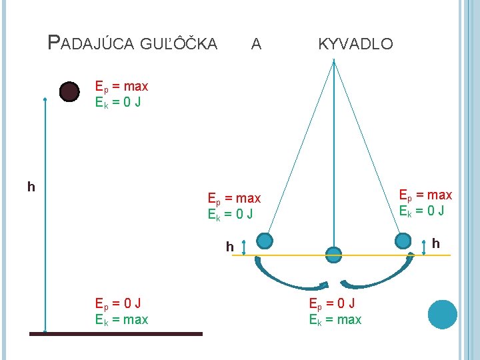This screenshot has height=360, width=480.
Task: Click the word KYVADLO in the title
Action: coord(355,45)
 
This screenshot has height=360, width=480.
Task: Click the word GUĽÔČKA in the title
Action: coord(179,45)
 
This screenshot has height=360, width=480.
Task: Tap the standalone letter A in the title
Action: coord(256,45)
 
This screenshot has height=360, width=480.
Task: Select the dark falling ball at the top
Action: coord(69,92)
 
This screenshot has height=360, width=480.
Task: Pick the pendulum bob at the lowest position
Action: coord(333,253)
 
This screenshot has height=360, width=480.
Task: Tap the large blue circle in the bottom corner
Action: coord(442,314)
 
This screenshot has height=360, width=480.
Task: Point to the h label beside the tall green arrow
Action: coord(31,187)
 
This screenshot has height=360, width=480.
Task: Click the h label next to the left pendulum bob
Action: coord(229,247)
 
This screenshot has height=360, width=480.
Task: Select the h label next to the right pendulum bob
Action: coord(436,243)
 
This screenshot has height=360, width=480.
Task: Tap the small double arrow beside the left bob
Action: coord(244,247)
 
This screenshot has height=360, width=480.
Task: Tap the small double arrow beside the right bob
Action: coord(425,246)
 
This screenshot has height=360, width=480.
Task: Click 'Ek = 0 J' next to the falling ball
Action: coord(118,103)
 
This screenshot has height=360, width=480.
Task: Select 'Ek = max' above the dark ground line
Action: coord(121,320)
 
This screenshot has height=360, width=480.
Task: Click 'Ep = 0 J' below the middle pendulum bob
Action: coord(331,303)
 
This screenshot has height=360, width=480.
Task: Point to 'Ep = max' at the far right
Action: coord(425,195)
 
